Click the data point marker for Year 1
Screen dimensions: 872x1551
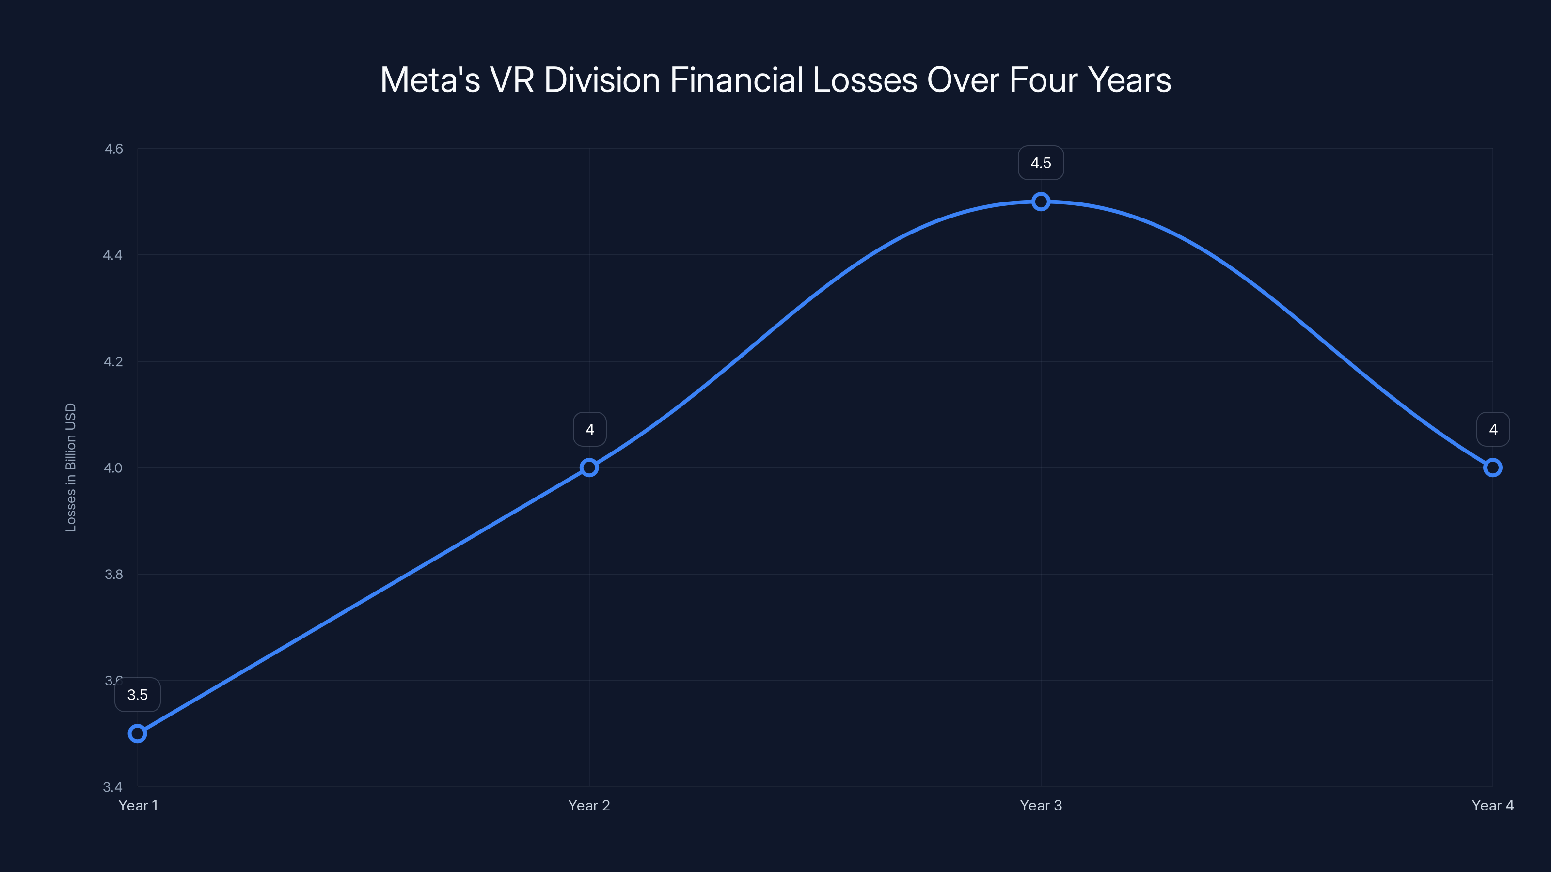(137, 733)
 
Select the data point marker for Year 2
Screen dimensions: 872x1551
(589, 467)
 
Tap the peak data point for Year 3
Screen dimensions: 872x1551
(1041, 202)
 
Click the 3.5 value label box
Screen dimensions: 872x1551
(137, 695)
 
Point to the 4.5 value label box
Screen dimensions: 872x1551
(1041, 163)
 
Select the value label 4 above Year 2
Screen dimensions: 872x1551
(589, 429)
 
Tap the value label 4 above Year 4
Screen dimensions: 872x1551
(1493, 429)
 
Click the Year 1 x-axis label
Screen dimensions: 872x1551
(138, 805)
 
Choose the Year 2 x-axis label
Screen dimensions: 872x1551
(589, 805)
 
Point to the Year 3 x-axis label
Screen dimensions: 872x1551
(1041, 805)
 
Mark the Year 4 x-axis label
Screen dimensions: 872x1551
(1492, 805)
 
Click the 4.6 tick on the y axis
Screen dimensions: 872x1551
(113, 149)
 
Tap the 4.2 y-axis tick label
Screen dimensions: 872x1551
(113, 362)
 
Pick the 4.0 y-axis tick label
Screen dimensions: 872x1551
(113, 467)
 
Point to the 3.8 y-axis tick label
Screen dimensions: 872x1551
(113, 574)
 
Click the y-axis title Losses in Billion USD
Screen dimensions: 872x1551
(70, 467)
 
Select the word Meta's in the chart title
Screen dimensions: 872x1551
(430, 80)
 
